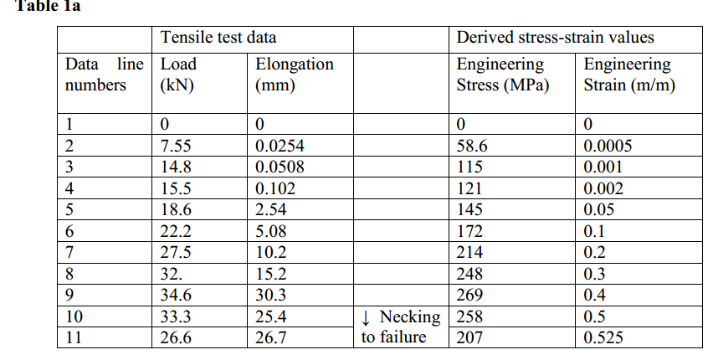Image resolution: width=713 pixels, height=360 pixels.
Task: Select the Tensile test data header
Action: point(218,37)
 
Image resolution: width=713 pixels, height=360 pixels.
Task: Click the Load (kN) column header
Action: point(178,75)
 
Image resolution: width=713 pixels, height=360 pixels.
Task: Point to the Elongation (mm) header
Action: point(294,75)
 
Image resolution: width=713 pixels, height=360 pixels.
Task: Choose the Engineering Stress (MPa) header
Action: point(502,75)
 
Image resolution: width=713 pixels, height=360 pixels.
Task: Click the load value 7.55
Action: point(175,145)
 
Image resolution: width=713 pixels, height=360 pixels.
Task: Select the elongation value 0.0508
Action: point(280,167)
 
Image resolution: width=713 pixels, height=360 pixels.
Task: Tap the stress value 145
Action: point(469,209)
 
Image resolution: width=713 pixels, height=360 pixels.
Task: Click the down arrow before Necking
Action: point(366,316)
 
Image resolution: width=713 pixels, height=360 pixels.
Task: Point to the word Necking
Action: point(409,316)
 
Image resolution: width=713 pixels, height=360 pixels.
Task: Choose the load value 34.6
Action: point(175,295)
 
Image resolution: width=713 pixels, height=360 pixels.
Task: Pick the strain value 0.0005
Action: point(608,145)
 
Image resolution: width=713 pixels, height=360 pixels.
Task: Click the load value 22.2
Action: point(175,231)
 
